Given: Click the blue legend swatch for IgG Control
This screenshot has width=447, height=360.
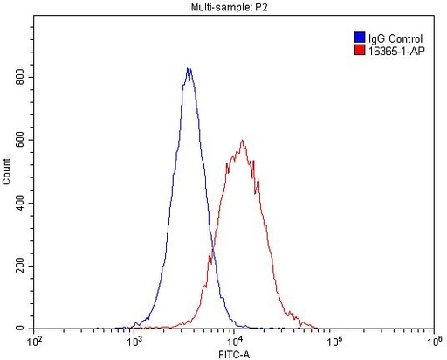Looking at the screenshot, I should point(360,38).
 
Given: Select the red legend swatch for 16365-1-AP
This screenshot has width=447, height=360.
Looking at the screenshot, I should point(360,51).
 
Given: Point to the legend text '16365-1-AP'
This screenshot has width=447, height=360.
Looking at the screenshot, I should point(396,51).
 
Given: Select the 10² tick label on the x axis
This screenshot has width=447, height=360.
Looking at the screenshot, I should point(36,340).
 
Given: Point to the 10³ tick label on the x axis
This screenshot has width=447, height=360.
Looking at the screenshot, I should point(135,340).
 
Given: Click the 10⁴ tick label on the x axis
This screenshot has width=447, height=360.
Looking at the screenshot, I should point(235,340).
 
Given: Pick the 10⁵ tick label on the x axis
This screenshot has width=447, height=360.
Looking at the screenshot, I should point(334,340).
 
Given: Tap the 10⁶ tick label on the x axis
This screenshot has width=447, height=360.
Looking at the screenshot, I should point(432,340).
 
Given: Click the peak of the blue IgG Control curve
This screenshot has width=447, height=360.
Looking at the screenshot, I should point(189,68).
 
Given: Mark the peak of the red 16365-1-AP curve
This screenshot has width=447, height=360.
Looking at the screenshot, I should point(243,141).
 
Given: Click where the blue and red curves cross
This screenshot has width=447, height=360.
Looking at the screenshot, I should point(212,254).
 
